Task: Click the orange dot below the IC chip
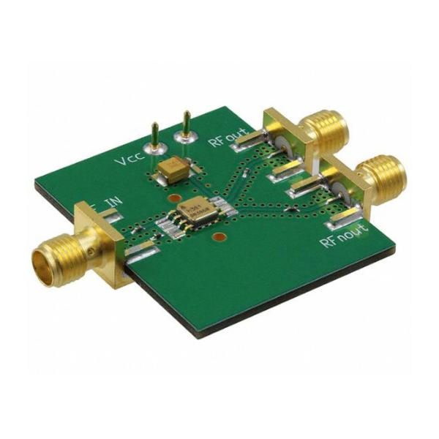click(217, 239)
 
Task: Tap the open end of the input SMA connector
click(41, 259)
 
